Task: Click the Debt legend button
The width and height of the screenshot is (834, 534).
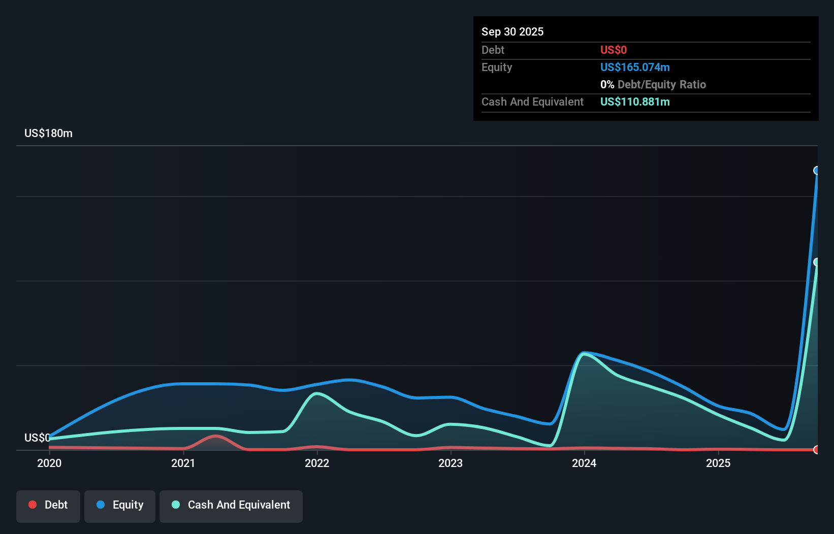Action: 48,506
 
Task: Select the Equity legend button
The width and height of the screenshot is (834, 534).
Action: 120,506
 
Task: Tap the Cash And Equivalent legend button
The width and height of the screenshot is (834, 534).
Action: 231,506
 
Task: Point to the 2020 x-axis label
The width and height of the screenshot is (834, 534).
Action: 49,463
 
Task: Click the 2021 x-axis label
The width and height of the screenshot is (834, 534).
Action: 183,463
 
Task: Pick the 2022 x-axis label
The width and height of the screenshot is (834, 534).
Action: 317,463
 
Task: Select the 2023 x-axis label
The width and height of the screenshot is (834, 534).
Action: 451,463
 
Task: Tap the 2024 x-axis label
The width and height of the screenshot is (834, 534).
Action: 584,463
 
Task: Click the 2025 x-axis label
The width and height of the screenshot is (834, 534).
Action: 718,463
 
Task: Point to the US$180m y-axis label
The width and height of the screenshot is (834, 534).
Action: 48,133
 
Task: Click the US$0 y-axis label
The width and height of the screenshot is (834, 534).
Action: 37,438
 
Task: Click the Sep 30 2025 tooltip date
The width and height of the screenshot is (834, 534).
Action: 512,31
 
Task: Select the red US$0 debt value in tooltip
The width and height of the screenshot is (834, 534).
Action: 613,50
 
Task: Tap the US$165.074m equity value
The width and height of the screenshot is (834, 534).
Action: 634,67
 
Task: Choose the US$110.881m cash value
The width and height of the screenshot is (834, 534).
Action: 634,102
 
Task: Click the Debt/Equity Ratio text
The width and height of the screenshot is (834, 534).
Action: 661,84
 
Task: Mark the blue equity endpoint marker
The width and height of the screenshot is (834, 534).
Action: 817,171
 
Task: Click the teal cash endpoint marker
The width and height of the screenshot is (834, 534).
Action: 817,262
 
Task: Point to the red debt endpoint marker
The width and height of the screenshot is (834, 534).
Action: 817,450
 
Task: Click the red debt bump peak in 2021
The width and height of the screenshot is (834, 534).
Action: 215,436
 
